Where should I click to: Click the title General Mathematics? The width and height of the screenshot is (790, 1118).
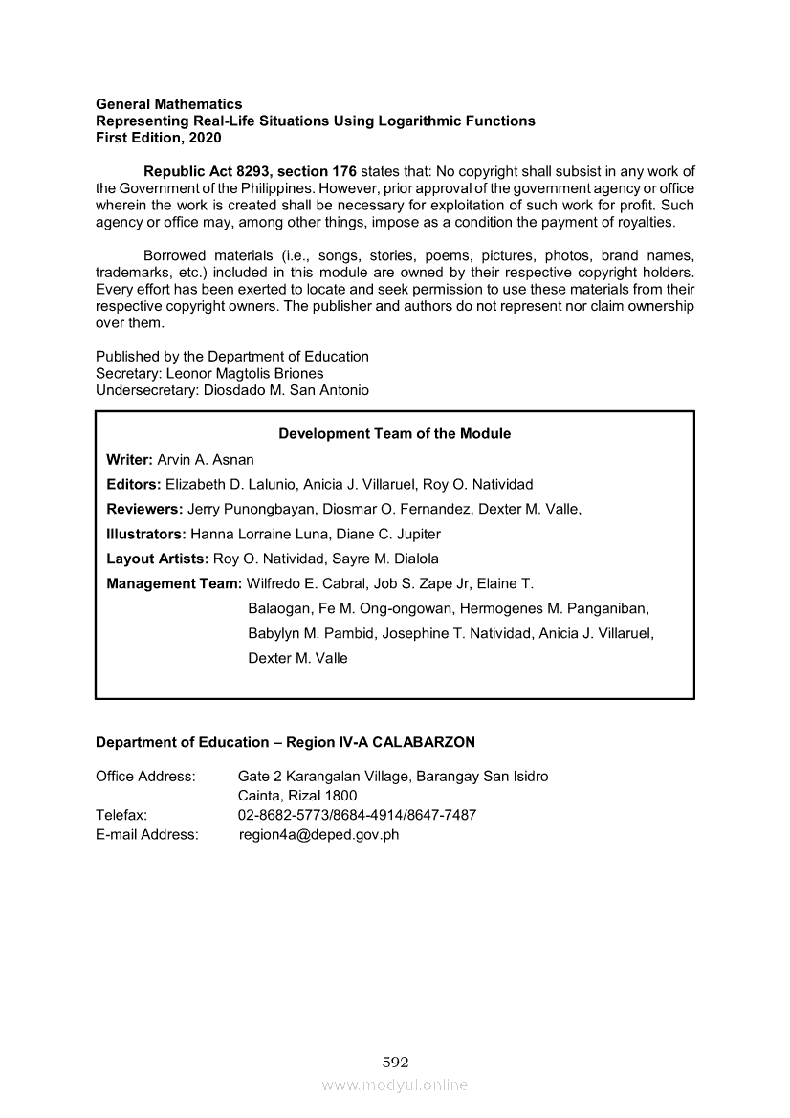click(x=169, y=103)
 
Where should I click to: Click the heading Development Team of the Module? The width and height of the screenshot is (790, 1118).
click(x=395, y=433)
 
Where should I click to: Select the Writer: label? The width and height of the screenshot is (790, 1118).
click(x=129, y=459)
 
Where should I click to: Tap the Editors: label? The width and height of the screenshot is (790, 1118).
click(x=133, y=484)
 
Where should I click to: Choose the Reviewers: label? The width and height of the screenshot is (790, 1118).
click(x=144, y=509)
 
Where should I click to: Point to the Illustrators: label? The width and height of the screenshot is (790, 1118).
click(x=146, y=534)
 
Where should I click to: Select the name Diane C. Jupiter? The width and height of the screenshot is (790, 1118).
click(x=391, y=534)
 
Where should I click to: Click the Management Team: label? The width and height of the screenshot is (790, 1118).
click(x=174, y=583)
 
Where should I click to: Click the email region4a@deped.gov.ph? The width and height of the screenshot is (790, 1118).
click(x=319, y=834)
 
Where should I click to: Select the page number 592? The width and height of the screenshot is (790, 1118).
click(x=395, y=1062)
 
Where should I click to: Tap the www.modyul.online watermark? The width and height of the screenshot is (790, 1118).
click(x=395, y=1085)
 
